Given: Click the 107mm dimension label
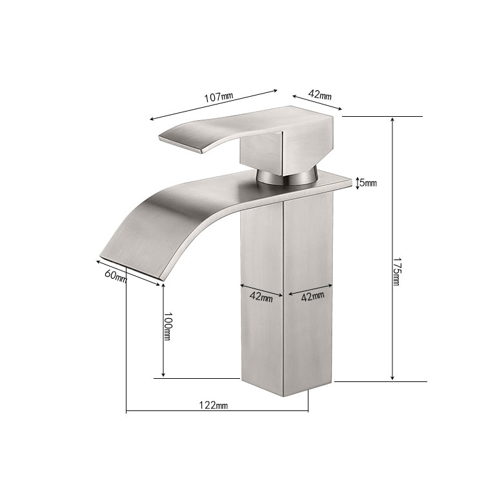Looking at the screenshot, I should (218, 97).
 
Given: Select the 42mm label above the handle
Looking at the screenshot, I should (319, 94).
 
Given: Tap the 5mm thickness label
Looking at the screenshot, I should (368, 183).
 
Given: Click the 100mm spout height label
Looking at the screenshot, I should (167, 327).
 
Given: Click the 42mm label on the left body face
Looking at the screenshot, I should (261, 297).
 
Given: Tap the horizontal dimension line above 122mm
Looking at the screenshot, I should (217, 411).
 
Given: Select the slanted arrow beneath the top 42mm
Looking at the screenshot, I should (316, 104).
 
